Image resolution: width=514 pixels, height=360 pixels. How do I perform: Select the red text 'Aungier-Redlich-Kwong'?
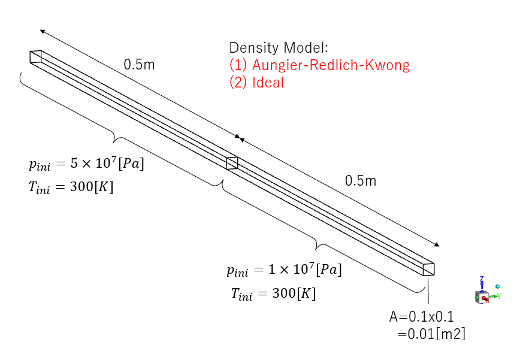point(320,65)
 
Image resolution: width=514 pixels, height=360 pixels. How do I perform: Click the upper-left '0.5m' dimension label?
point(139,64)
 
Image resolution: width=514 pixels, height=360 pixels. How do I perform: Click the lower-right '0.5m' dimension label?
point(360,180)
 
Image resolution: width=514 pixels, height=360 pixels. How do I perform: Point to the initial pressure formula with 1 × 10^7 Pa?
point(284,270)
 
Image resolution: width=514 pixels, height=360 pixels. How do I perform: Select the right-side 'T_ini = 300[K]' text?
point(273,294)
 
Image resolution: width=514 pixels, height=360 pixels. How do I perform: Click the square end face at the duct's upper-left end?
point(36,56)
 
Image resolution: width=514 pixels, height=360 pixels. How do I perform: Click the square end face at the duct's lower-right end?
point(428,269)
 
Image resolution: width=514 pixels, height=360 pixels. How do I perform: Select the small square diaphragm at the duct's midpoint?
point(232,163)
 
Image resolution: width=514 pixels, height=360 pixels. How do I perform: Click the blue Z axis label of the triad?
point(482,279)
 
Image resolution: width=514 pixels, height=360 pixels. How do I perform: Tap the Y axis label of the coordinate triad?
point(498,295)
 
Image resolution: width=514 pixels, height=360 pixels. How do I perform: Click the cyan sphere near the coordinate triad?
point(497,286)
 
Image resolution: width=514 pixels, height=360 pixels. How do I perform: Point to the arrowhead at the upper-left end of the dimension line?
point(43,31)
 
